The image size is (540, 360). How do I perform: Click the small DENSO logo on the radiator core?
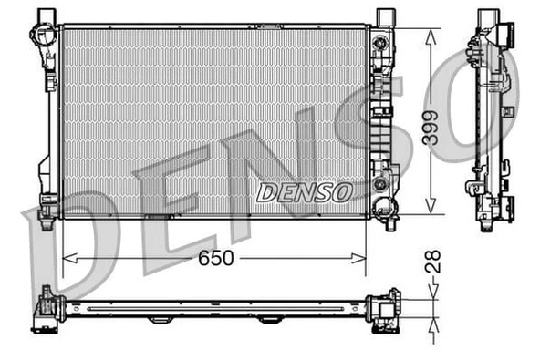(304, 191)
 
